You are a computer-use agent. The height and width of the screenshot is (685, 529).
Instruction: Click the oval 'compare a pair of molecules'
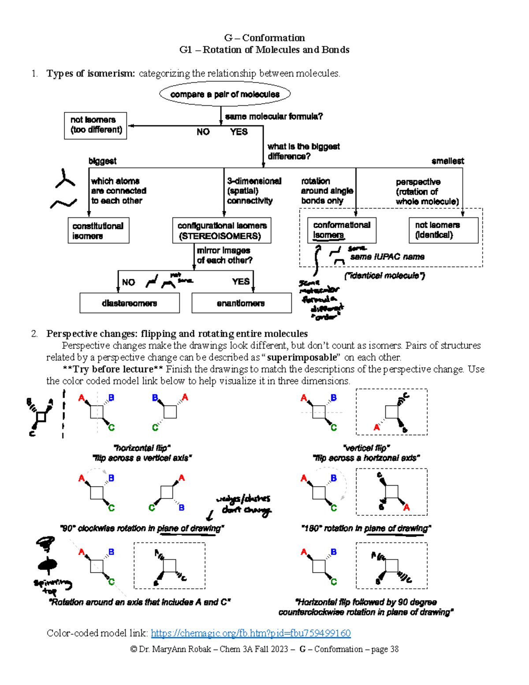[225, 94]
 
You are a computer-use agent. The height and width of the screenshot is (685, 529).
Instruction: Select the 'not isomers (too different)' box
[96, 125]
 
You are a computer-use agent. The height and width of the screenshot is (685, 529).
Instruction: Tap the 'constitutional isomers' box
[98, 231]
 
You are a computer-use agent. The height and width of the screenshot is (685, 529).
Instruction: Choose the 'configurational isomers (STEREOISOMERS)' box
[221, 231]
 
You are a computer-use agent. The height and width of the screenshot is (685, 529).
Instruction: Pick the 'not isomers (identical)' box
[443, 230]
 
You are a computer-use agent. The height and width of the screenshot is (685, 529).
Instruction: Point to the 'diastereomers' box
[130, 303]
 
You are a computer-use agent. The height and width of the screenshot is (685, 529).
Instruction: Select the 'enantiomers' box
[241, 303]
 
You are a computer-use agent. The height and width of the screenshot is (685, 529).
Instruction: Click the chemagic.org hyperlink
[250, 633]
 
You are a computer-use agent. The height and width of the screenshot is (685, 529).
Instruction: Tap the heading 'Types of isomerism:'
[90, 73]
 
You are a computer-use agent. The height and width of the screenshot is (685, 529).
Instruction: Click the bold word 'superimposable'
[302, 357]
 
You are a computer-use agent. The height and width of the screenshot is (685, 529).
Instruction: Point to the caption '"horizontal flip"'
[142, 448]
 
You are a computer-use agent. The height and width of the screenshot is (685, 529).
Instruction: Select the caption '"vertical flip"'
[366, 448]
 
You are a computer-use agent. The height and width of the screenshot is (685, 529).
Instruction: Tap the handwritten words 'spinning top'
[52, 586]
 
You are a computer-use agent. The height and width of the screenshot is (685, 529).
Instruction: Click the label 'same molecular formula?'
[274, 116]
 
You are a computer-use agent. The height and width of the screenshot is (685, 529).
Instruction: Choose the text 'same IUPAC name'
[387, 257]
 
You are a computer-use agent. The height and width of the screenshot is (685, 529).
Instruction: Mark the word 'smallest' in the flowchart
[447, 161]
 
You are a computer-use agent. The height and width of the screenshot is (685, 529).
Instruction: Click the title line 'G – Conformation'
[264, 38]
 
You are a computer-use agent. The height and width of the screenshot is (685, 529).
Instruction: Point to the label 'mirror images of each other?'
[224, 255]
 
